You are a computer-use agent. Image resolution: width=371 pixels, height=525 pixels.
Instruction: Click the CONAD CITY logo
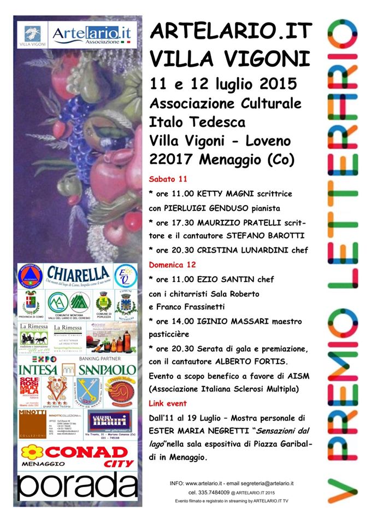pos(78,456)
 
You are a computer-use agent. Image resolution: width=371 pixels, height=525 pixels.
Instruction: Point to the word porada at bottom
pos(77,486)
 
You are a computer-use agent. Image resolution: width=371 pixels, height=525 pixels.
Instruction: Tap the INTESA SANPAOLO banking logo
pos(78,369)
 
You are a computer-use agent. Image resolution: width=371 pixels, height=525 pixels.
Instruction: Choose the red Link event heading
pos(168,403)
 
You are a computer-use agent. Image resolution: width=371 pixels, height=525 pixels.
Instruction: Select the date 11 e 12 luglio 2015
pos(223,84)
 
